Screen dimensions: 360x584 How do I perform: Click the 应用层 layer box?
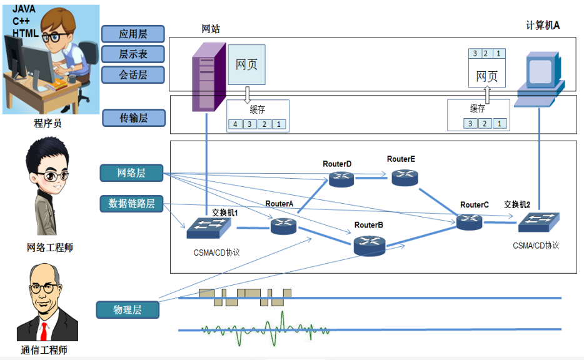pyautogui.click(x=133, y=34)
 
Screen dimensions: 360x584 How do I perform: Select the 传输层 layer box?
pyautogui.click(x=133, y=117)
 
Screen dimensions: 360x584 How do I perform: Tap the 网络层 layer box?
pyautogui.click(x=131, y=172)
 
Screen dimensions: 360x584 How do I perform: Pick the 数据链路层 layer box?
pyautogui.click(x=131, y=203)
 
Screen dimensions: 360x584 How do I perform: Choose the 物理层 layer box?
pyautogui.click(x=127, y=309)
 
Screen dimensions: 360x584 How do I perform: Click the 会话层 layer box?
pyautogui.click(x=133, y=75)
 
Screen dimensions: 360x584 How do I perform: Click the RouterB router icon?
pyautogui.click(x=369, y=245)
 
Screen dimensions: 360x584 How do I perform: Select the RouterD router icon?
pyautogui.click(x=341, y=179)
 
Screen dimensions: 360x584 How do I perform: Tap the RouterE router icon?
pyautogui.click(x=405, y=177)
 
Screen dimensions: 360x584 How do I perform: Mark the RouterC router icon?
pyautogui.click(x=469, y=221)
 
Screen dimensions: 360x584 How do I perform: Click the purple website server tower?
pyautogui.click(x=206, y=75)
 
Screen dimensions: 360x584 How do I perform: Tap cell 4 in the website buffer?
pyautogui.click(x=235, y=124)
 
